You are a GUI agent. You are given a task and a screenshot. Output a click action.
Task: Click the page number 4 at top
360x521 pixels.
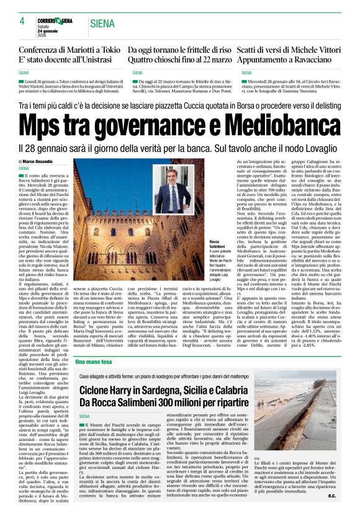tap(22, 21)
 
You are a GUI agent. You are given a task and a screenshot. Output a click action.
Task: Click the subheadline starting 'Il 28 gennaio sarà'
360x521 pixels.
tap(180, 149)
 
